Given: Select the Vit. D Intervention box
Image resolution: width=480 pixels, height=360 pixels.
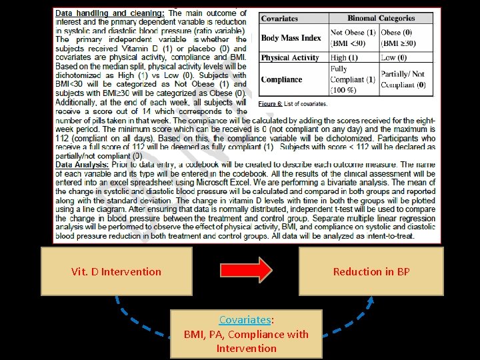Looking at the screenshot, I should (116, 271).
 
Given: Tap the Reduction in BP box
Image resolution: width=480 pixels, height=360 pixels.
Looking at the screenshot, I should (371, 271).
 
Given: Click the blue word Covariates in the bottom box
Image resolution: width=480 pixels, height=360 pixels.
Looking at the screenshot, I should (245, 319).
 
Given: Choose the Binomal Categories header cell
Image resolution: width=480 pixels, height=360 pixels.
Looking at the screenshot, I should (381, 19).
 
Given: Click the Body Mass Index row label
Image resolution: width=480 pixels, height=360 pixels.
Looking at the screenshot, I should (291, 38).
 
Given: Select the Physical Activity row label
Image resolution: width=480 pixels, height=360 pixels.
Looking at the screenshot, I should (291, 58).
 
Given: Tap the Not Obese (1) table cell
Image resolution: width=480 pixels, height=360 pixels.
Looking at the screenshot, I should (353, 37).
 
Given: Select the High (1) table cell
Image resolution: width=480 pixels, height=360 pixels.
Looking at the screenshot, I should (344, 58).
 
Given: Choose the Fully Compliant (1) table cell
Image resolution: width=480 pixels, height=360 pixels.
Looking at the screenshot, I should (353, 79).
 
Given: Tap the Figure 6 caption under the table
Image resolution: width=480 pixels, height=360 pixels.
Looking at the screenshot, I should (293, 104).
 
